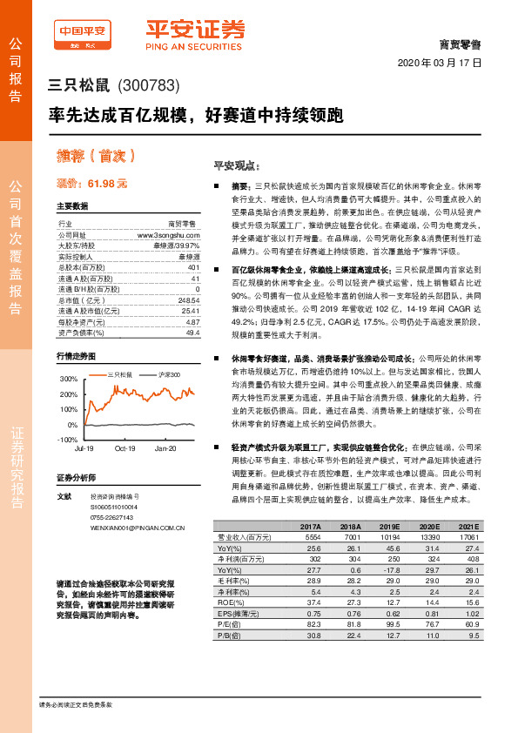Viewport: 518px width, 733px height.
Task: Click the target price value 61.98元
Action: [x=107, y=184]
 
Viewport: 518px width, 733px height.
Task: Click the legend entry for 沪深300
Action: [x=169, y=374]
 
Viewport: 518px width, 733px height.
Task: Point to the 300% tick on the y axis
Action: [x=68, y=380]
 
